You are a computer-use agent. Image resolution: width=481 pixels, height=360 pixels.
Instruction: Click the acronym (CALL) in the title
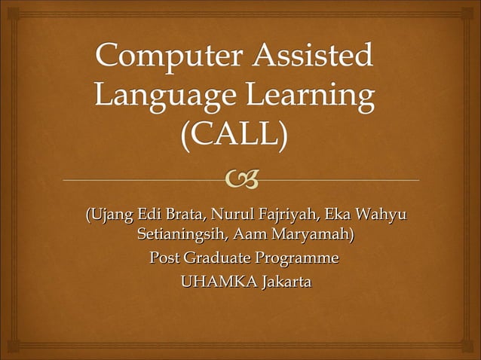[x=234, y=136]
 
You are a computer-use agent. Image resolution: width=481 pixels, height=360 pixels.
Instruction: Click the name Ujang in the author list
[x=112, y=218]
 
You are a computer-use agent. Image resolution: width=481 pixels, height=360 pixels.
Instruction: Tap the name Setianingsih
[x=185, y=236]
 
